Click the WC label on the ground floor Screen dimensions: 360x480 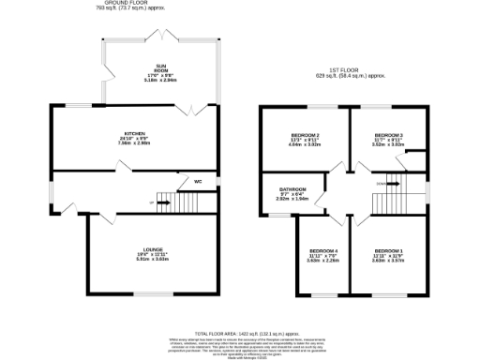pos(198,182)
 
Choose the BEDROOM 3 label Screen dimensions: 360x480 pos(387,135)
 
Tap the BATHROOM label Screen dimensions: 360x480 pos(292,188)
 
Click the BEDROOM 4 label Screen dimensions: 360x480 pos(323,251)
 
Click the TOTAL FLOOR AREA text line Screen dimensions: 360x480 pos(253,333)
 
